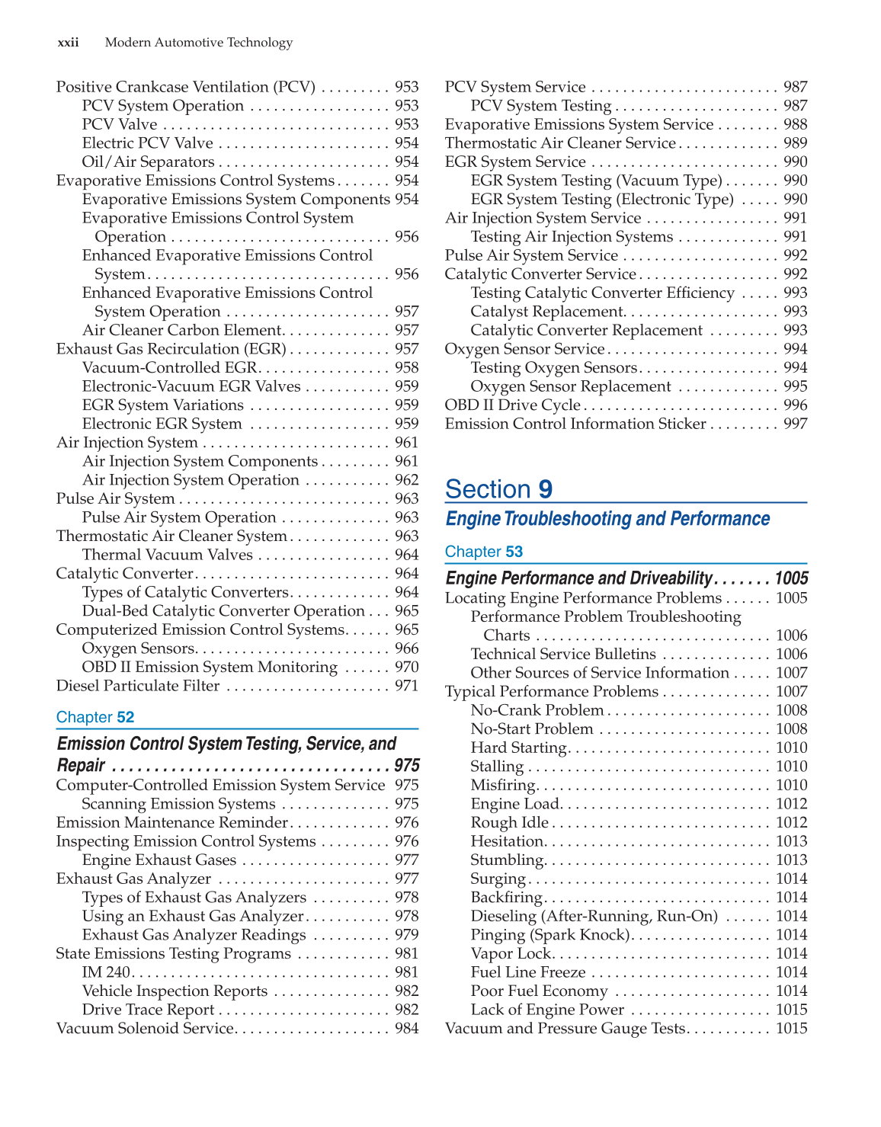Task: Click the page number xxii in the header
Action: (68, 43)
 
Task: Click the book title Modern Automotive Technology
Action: (199, 43)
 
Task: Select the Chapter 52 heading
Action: (95, 717)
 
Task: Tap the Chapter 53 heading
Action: (484, 552)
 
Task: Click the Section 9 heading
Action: (499, 488)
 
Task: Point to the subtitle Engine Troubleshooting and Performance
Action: (607, 519)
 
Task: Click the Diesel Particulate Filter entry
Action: (138, 686)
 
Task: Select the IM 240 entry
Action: (106, 972)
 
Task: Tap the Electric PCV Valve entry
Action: (148, 143)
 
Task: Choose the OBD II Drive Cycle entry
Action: (512, 405)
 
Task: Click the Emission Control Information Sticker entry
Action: (575, 424)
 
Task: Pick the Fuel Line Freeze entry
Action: (528, 972)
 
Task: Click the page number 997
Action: (795, 424)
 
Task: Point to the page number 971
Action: (406, 686)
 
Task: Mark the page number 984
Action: (406, 1029)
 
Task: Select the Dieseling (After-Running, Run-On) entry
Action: (594, 916)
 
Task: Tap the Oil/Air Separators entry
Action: (149, 162)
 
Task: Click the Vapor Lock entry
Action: (511, 954)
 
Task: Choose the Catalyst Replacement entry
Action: (547, 312)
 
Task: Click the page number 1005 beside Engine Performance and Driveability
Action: (791, 578)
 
